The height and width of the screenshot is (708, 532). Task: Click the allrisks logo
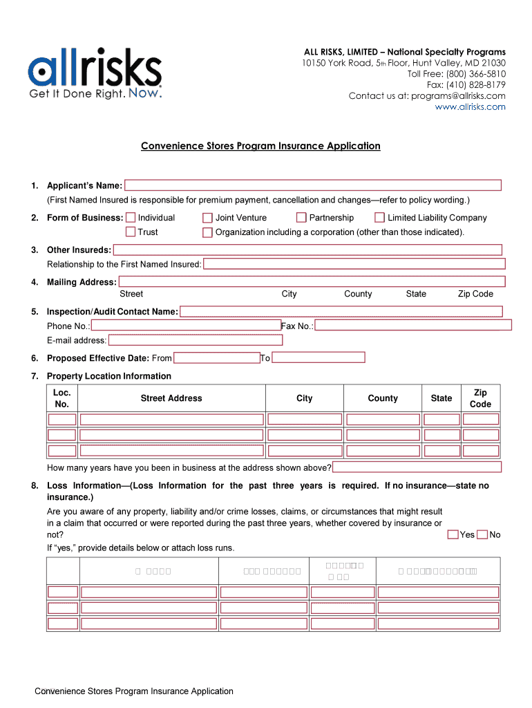[95, 73]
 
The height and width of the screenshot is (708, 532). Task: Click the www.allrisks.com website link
[470, 107]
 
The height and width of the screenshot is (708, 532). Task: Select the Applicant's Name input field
[312, 185]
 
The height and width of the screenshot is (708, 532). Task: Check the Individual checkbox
[131, 218]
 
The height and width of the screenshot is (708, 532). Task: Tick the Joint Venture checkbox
[207, 218]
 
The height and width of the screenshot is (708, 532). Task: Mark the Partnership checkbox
[301, 218]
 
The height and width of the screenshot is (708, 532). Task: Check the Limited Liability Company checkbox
[379, 218]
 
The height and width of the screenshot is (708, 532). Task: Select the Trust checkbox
[131, 232]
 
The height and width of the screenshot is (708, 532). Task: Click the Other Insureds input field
[307, 250]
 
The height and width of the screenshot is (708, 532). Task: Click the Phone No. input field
[186, 326]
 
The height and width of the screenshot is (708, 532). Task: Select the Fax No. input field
[413, 326]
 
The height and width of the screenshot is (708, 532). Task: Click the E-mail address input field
[196, 340]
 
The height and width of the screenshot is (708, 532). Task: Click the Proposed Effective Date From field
[216, 358]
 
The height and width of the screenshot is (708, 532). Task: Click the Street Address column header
[171, 398]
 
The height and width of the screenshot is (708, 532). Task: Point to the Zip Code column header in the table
[480, 398]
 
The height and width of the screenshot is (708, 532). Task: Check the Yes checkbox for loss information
[453, 534]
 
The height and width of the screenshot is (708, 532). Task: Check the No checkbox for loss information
[482, 534]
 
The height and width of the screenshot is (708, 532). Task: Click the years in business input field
[417, 467]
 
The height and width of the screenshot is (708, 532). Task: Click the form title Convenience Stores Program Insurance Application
[260, 146]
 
